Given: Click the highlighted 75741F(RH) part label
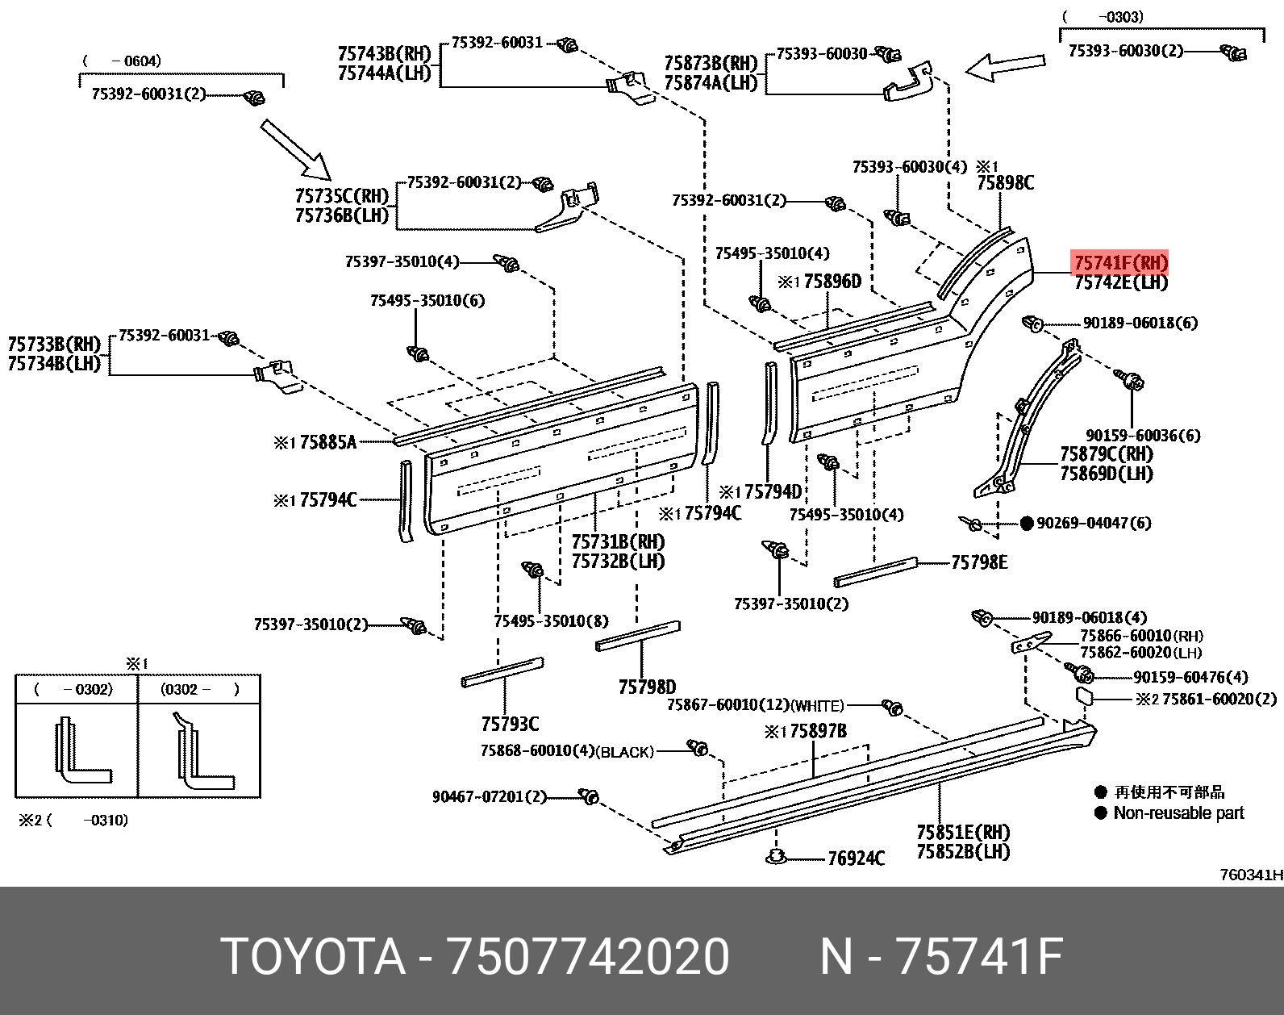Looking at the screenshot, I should click(x=1120, y=263).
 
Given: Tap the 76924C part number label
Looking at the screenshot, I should click(x=856, y=858).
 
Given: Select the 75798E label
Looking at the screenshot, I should click(x=979, y=562).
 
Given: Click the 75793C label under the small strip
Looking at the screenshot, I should click(x=510, y=724).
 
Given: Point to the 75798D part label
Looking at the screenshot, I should click(x=647, y=687).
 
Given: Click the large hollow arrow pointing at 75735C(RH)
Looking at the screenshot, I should click(x=295, y=149).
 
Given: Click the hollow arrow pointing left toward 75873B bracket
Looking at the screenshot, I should click(x=1005, y=67).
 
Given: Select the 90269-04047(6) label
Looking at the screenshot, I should click(x=1094, y=523).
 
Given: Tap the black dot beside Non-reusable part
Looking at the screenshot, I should click(x=1100, y=812).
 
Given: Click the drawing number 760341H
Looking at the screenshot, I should click(x=1250, y=875).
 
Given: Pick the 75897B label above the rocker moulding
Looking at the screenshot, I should click(x=818, y=731).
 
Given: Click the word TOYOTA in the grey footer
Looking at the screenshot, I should click(x=313, y=957).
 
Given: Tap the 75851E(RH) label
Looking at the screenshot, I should click(x=963, y=832).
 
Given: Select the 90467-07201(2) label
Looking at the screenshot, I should click(x=489, y=797).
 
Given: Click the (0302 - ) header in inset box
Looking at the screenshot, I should click(x=199, y=689).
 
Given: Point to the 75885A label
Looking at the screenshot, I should click(x=327, y=442).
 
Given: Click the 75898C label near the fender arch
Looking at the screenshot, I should click(x=1005, y=183).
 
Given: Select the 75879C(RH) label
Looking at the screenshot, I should click(x=1106, y=454).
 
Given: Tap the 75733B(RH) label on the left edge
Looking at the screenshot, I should click(x=54, y=345).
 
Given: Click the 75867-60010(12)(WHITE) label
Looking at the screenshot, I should click(x=755, y=705).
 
